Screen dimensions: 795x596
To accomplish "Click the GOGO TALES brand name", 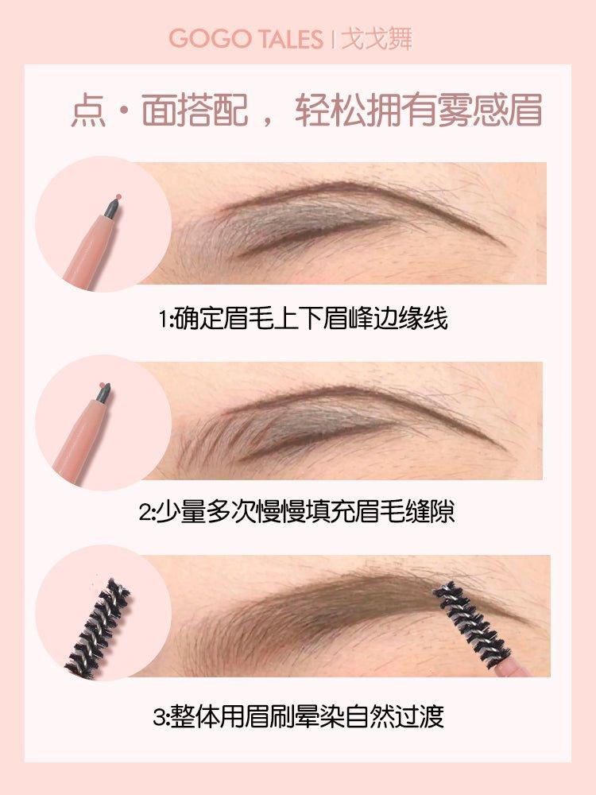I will [246, 39].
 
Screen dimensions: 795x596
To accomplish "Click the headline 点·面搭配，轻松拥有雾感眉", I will [306, 112].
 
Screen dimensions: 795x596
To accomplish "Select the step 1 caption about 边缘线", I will [303, 320].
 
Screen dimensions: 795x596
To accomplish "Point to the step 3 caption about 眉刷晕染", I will [297, 717].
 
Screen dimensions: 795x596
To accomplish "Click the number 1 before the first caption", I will [163, 320].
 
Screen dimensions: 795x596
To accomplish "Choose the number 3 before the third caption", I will [157, 718].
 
